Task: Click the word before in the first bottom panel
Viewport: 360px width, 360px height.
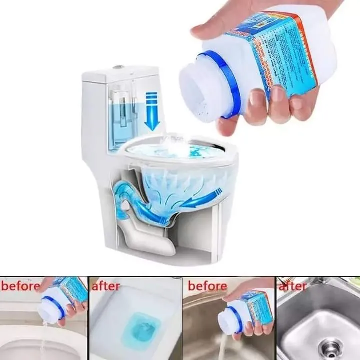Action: (20, 286)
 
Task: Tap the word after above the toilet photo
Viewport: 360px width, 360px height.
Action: (106, 286)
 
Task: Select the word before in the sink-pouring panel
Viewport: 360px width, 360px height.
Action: (207, 286)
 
